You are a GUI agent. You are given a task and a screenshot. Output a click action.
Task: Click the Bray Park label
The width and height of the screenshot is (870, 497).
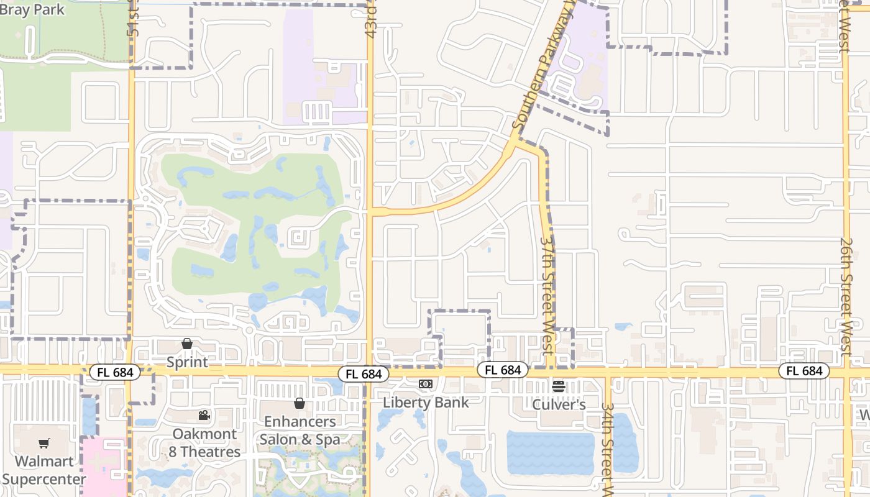click(x=32, y=10)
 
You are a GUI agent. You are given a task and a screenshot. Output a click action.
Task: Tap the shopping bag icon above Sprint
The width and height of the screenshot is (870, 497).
click(x=187, y=344)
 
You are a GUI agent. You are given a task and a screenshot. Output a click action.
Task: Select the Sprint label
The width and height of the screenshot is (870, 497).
click(x=187, y=362)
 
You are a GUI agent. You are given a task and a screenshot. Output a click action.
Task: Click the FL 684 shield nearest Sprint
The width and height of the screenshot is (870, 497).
click(x=115, y=373)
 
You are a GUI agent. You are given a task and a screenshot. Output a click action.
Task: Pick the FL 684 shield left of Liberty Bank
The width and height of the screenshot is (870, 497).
click(x=364, y=374)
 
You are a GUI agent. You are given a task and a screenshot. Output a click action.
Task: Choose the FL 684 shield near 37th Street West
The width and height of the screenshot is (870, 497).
click(x=503, y=370)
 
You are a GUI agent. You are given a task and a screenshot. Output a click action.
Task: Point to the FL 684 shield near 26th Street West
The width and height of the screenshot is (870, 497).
click(x=804, y=371)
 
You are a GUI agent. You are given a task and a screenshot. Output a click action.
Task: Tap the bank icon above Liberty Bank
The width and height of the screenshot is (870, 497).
click(x=426, y=385)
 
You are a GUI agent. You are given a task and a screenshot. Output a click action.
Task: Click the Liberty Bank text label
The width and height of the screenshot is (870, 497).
click(x=426, y=402)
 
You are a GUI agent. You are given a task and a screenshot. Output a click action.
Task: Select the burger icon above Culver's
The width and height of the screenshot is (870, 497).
click(x=559, y=386)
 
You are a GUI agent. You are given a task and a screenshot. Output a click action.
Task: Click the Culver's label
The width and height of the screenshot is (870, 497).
click(x=559, y=404)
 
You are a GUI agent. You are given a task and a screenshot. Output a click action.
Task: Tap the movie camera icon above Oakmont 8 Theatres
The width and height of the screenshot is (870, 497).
click(x=204, y=416)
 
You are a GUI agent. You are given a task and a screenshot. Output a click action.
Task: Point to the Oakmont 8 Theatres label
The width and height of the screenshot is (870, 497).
click(x=204, y=443)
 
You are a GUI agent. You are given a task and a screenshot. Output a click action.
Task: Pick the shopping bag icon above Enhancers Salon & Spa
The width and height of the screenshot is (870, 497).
click(x=300, y=403)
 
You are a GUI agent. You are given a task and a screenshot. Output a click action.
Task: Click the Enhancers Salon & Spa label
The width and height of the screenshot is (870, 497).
click(x=300, y=431)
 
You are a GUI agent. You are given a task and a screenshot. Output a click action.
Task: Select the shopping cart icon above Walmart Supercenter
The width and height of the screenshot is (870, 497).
click(x=44, y=444)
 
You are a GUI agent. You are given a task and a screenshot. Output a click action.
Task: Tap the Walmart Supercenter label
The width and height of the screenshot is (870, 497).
click(x=44, y=470)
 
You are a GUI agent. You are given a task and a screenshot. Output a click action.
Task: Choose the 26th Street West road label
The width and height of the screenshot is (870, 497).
click(x=846, y=295)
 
